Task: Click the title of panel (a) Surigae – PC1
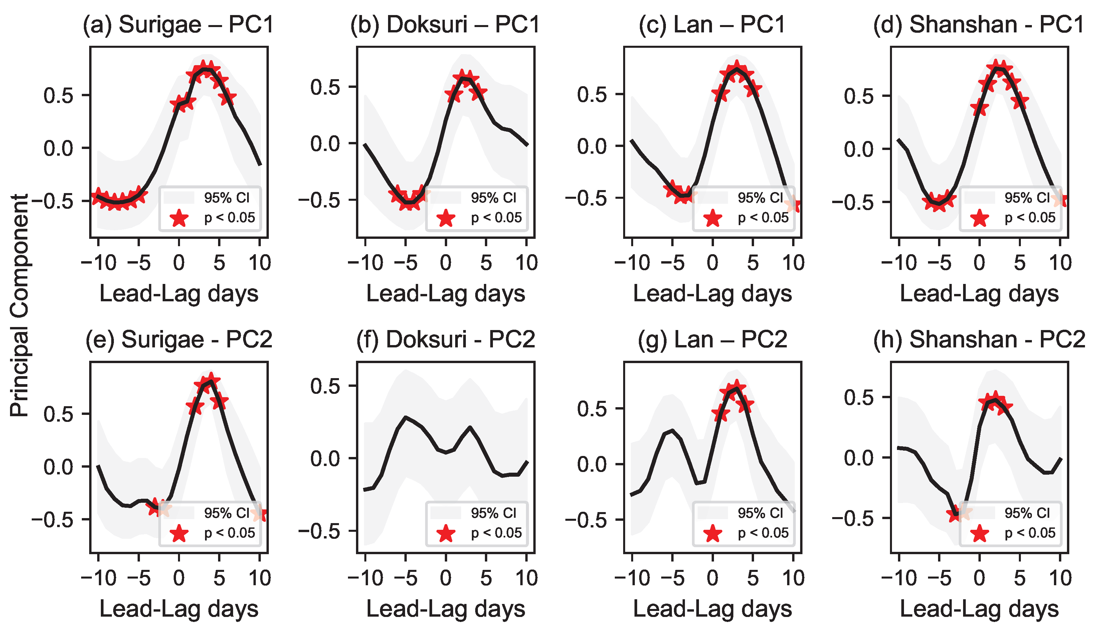(178, 24)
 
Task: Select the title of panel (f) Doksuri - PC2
(445, 339)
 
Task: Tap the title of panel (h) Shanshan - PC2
(979, 339)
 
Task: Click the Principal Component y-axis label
(19, 306)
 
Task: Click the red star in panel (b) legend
(446, 218)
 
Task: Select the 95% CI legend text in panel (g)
(760, 513)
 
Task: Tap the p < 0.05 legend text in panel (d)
(1030, 217)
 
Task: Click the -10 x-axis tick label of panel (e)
(99, 578)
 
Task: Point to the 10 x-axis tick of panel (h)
(1060, 578)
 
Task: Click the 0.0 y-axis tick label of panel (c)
(592, 146)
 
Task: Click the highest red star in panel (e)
(211, 380)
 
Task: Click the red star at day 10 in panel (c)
(794, 204)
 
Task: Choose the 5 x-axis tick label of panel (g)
(753, 578)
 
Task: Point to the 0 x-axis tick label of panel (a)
(179, 263)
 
